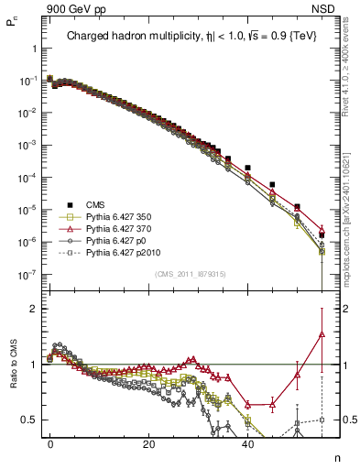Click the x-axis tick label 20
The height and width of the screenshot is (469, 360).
[x=148, y=443]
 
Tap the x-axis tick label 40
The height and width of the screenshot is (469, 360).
[x=247, y=443]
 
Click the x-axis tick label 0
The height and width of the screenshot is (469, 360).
[x=50, y=443]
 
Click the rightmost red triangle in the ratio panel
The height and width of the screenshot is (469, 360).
[x=322, y=334]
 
